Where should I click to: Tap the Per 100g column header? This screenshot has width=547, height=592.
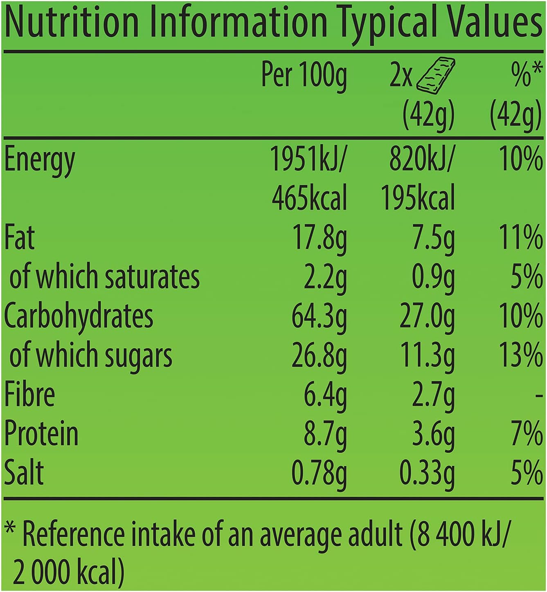pyautogui.click(x=304, y=76)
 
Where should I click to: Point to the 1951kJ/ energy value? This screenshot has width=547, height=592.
pyautogui.click(x=308, y=159)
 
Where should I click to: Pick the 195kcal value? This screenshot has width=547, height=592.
pyautogui.click(x=418, y=198)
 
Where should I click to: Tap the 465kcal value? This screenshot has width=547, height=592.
pyautogui.click(x=309, y=198)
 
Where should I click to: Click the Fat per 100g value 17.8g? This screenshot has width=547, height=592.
pyautogui.click(x=319, y=238)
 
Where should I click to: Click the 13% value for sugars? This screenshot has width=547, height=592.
pyautogui.click(x=521, y=355)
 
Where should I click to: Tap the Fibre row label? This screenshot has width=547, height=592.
pyautogui.click(x=29, y=394)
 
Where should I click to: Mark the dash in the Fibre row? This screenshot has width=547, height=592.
pyautogui.click(x=539, y=395)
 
